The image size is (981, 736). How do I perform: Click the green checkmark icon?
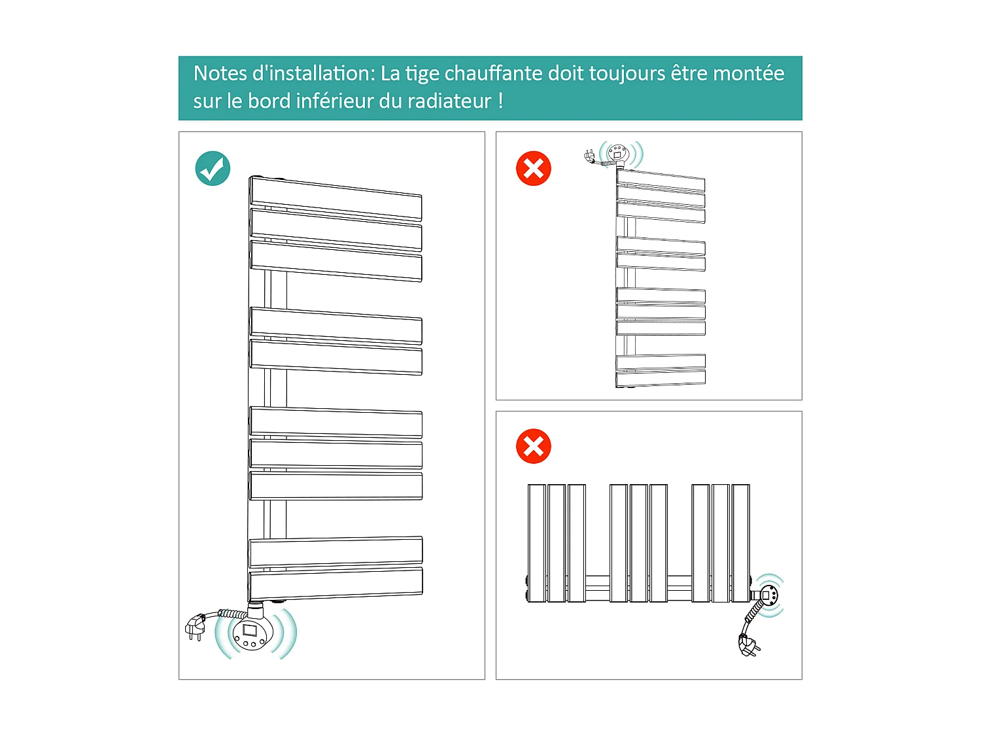(x=213, y=169)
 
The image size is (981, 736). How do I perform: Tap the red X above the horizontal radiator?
(x=534, y=447)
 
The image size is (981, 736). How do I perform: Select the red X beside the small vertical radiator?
(x=534, y=169)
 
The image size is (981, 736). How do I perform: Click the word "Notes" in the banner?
(x=220, y=73)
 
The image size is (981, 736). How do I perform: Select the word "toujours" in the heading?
(x=627, y=73)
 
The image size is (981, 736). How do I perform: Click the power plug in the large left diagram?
(x=196, y=627)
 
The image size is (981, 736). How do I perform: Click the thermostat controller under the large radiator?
(x=252, y=633)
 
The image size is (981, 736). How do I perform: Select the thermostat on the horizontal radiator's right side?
(x=768, y=595)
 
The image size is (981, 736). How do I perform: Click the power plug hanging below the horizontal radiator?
(x=749, y=646)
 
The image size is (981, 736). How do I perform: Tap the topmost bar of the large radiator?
(x=336, y=198)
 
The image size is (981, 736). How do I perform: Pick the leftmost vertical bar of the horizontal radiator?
(x=537, y=543)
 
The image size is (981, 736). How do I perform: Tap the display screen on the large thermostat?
(x=250, y=631)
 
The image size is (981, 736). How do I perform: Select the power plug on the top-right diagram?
(x=590, y=156)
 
